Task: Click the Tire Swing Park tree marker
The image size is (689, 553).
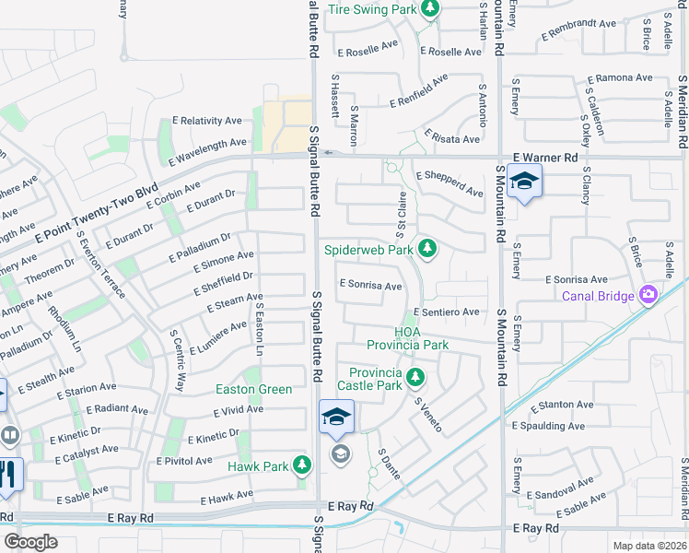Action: tap(429, 9)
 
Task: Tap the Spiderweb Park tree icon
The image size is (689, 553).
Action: tap(426, 248)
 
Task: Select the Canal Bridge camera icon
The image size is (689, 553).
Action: tap(648, 295)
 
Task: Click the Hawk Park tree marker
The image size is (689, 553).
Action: tap(301, 466)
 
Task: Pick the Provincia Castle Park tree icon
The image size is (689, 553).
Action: tap(415, 377)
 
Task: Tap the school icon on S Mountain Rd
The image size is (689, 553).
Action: tap(524, 182)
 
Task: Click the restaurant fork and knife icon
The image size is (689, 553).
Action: tap(10, 474)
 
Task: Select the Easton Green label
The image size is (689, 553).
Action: tap(253, 389)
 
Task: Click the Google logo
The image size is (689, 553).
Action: tap(30, 542)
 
